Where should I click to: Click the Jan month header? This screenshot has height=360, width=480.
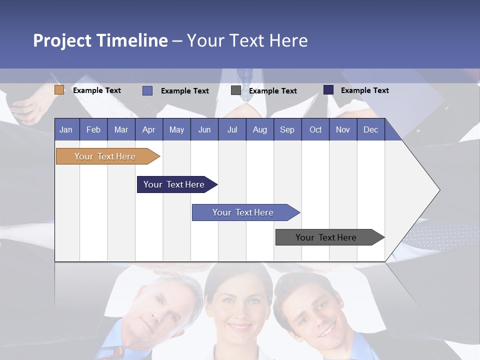66,129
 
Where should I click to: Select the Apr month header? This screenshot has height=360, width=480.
149,129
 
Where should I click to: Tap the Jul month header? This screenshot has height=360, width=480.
232,129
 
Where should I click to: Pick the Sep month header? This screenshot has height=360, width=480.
287,129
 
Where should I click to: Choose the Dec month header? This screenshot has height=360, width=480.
370,129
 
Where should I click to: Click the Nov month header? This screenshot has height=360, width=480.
343,129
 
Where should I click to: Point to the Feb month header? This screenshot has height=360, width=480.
93,129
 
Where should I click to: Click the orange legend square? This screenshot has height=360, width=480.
59,90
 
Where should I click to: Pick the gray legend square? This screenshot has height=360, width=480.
236,90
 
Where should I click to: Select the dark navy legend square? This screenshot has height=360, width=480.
328,90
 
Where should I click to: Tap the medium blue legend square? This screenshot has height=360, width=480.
147,90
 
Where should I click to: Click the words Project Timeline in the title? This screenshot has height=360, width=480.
100,40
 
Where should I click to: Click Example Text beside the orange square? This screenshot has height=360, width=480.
97,90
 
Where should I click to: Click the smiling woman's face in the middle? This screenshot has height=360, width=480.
239,305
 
